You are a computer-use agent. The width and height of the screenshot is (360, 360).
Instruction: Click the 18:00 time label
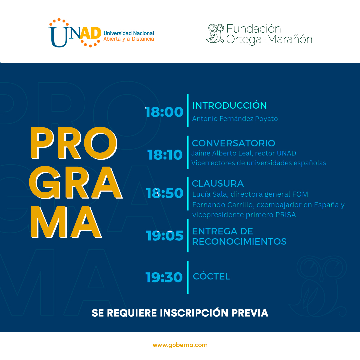click(164, 112)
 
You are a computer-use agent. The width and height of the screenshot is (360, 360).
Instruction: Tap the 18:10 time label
click(165, 155)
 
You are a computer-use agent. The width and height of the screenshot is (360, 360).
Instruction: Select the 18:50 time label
click(165, 193)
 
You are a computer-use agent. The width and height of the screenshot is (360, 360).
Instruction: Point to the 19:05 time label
click(165, 236)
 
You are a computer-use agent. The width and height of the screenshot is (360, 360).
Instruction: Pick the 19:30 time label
click(164, 277)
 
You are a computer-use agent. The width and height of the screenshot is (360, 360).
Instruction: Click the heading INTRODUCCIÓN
click(230, 105)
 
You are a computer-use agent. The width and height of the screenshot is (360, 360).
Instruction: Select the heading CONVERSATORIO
click(234, 143)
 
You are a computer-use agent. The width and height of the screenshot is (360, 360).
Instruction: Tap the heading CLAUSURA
click(218, 183)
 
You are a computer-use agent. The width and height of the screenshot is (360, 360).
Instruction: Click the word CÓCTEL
click(212, 276)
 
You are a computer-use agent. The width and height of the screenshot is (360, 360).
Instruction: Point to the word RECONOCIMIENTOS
click(239, 241)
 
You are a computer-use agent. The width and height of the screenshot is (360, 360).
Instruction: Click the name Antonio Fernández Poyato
click(235, 119)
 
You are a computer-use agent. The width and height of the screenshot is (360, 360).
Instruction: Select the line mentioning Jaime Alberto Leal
click(244, 153)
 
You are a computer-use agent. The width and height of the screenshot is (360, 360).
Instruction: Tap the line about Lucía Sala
click(250, 194)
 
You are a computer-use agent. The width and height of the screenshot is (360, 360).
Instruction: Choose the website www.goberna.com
click(180, 345)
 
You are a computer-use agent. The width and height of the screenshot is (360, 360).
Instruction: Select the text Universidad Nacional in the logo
click(129, 33)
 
